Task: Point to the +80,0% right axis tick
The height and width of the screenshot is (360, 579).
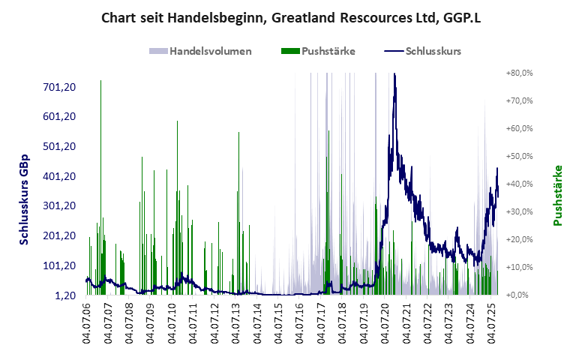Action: (519, 73)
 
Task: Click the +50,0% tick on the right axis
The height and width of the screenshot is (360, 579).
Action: (519, 156)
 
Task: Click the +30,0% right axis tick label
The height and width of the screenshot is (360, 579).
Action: (519, 211)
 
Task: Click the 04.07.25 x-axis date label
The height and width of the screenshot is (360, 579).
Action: (493, 322)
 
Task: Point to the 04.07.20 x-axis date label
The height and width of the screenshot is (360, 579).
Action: (386, 322)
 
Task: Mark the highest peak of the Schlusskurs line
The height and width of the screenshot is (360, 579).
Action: (394, 74)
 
